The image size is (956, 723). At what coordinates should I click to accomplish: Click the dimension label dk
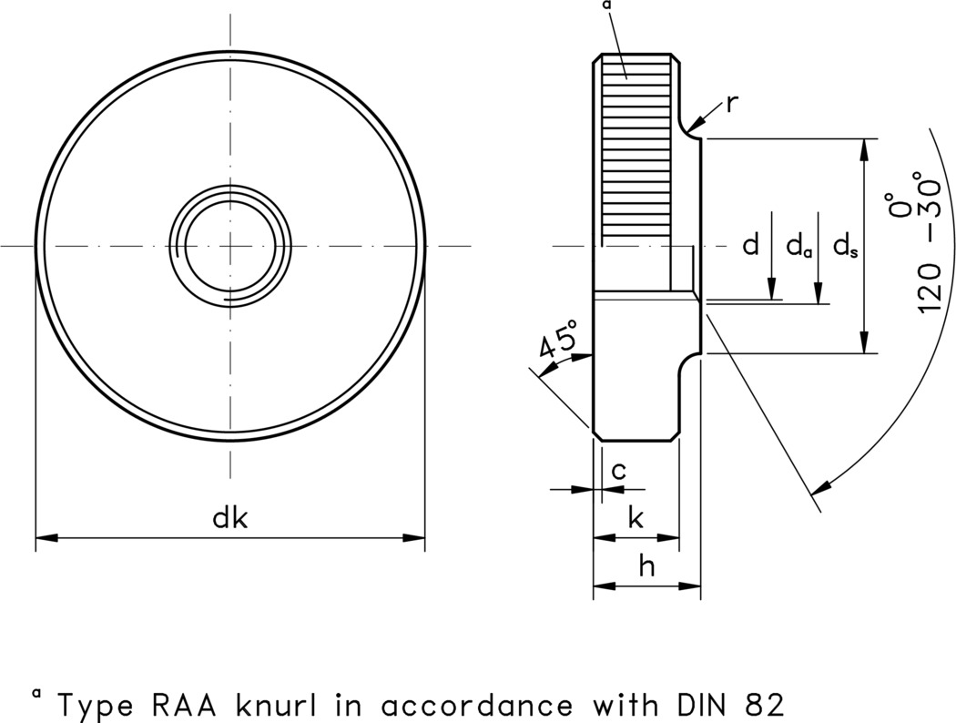(x=230, y=518)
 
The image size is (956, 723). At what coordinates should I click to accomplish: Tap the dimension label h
(x=646, y=566)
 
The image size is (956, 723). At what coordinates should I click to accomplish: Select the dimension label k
(x=636, y=518)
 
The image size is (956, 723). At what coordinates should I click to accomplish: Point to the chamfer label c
(x=618, y=470)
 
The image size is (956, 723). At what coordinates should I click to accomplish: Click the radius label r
(x=733, y=103)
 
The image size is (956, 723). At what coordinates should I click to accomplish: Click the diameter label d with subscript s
(x=845, y=246)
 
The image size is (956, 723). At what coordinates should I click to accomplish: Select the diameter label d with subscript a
(x=798, y=246)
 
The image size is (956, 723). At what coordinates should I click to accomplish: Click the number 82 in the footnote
(x=760, y=704)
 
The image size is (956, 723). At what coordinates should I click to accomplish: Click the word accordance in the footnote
(x=478, y=704)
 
